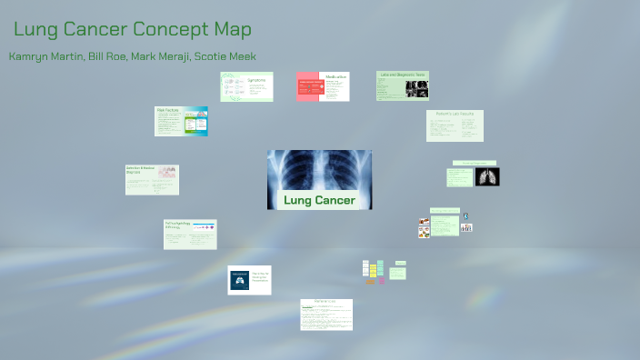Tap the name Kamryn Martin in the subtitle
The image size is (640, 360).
click(44, 56)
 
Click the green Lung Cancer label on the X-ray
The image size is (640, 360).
click(319, 200)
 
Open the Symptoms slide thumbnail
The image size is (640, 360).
click(246, 87)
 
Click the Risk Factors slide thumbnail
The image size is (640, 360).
click(181, 121)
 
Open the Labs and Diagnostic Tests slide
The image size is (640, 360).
click(403, 85)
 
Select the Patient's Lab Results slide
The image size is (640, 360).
click(455, 125)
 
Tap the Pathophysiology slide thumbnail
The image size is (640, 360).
click(190, 234)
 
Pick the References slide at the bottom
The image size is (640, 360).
click(326, 315)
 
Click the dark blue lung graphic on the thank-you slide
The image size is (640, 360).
click(239, 279)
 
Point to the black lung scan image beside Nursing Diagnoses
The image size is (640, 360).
click(487, 176)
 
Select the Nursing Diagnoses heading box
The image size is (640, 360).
click(459, 165)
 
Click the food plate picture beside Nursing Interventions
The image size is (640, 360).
click(424, 227)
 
